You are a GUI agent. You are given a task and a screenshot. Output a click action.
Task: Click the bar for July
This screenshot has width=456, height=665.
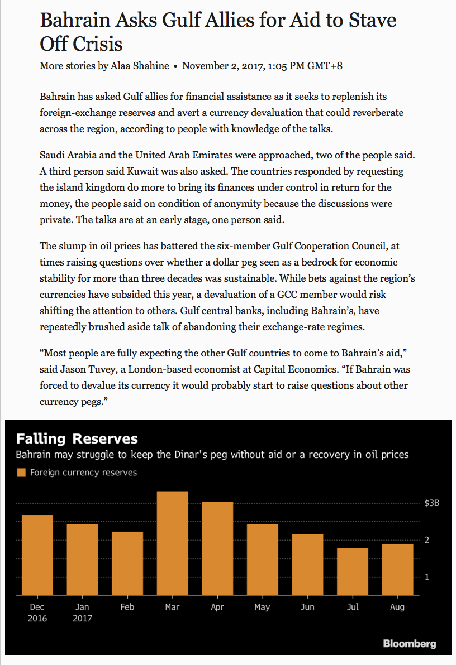click(353, 571)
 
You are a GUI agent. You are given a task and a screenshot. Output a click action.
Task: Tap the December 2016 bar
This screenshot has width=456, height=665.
click(37, 555)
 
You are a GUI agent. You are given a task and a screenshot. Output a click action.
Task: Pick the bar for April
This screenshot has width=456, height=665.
click(217, 548)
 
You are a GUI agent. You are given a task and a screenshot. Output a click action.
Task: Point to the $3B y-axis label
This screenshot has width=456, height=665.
click(432, 503)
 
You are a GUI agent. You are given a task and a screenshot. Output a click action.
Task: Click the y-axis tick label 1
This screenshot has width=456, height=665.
click(427, 577)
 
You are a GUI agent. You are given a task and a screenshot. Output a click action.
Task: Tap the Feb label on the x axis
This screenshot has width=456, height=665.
click(127, 607)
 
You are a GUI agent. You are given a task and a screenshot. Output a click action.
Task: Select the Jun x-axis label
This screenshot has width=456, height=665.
click(307, 607)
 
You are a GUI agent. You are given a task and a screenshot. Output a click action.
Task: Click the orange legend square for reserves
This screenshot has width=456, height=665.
click(21, 473)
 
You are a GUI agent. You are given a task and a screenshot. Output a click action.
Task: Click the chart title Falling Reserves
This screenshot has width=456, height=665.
click(77, 438)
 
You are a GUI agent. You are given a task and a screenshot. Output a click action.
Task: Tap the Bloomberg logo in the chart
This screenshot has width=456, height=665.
click(409, 644)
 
